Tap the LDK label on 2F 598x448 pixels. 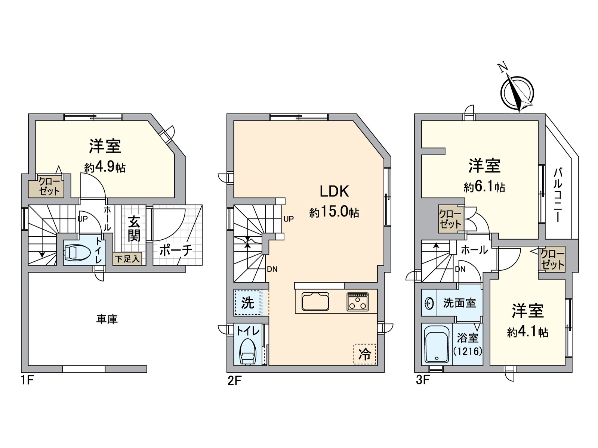(334, 191)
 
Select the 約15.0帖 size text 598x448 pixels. (334, 212)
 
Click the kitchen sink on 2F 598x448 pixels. (315, 301)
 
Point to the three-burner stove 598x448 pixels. (358, 302)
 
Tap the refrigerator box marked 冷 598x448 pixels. (364, 354)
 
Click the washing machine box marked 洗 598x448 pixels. (247, 303)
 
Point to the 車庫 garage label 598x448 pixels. (107, 319)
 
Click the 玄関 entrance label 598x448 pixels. (134, 229)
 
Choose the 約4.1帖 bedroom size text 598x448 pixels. (527, 332)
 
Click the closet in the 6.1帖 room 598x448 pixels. (450, 219)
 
